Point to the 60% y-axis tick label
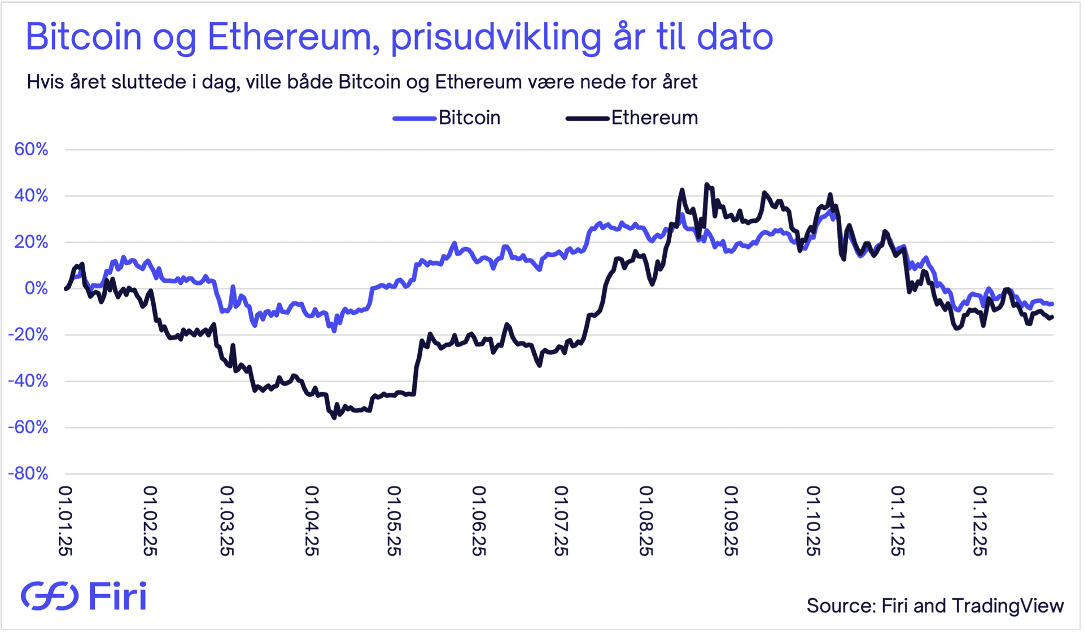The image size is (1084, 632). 32,150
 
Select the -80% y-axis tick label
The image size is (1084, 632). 28,473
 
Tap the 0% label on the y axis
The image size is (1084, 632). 37,288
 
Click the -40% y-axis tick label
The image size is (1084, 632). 28,381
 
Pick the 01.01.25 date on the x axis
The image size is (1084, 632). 66,521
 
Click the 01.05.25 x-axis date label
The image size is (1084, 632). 394,521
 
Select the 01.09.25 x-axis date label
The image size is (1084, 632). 731,521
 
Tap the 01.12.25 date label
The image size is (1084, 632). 980,521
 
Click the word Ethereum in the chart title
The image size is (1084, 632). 292,37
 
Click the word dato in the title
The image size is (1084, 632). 735,37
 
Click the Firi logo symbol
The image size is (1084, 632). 50,596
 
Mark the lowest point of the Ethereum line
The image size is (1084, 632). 334,418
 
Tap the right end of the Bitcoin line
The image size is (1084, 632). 1052,304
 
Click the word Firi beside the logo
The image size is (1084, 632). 117,596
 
